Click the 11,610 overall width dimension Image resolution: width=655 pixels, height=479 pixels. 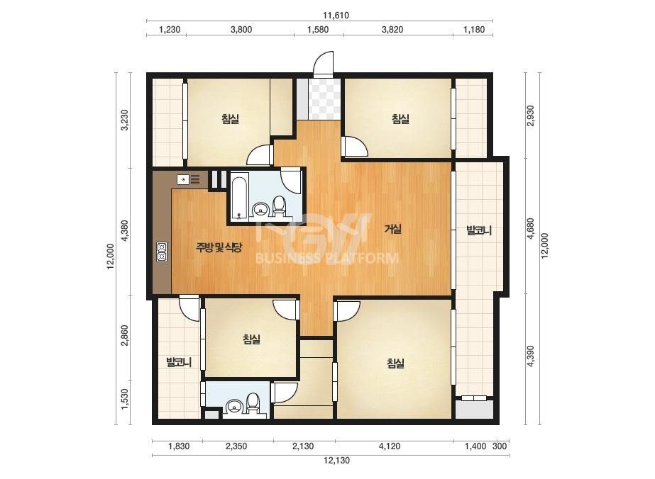point(336,16)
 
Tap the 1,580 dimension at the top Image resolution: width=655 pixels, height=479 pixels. point(318,30)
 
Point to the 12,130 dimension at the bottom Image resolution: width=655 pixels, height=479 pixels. point(336,461)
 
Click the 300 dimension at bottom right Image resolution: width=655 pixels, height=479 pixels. point(500,446)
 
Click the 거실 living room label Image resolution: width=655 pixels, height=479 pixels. point(393,229)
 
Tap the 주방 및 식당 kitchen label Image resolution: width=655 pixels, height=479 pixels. point(219,248)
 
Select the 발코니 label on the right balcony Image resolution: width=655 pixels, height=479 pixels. point(479,230)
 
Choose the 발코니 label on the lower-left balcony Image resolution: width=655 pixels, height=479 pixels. point(179,362)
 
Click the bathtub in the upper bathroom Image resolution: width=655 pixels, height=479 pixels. point(240,198)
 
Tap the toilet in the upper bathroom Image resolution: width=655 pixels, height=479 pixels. point(279,206)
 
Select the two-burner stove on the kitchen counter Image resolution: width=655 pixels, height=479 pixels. point(162,252)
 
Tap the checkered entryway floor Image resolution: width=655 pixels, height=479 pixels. point(324,98)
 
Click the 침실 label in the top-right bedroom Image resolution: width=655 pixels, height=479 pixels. point(401,119)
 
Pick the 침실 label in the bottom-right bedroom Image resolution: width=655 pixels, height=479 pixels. point(395,364)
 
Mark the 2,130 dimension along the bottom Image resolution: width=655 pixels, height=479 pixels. point(303,446)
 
